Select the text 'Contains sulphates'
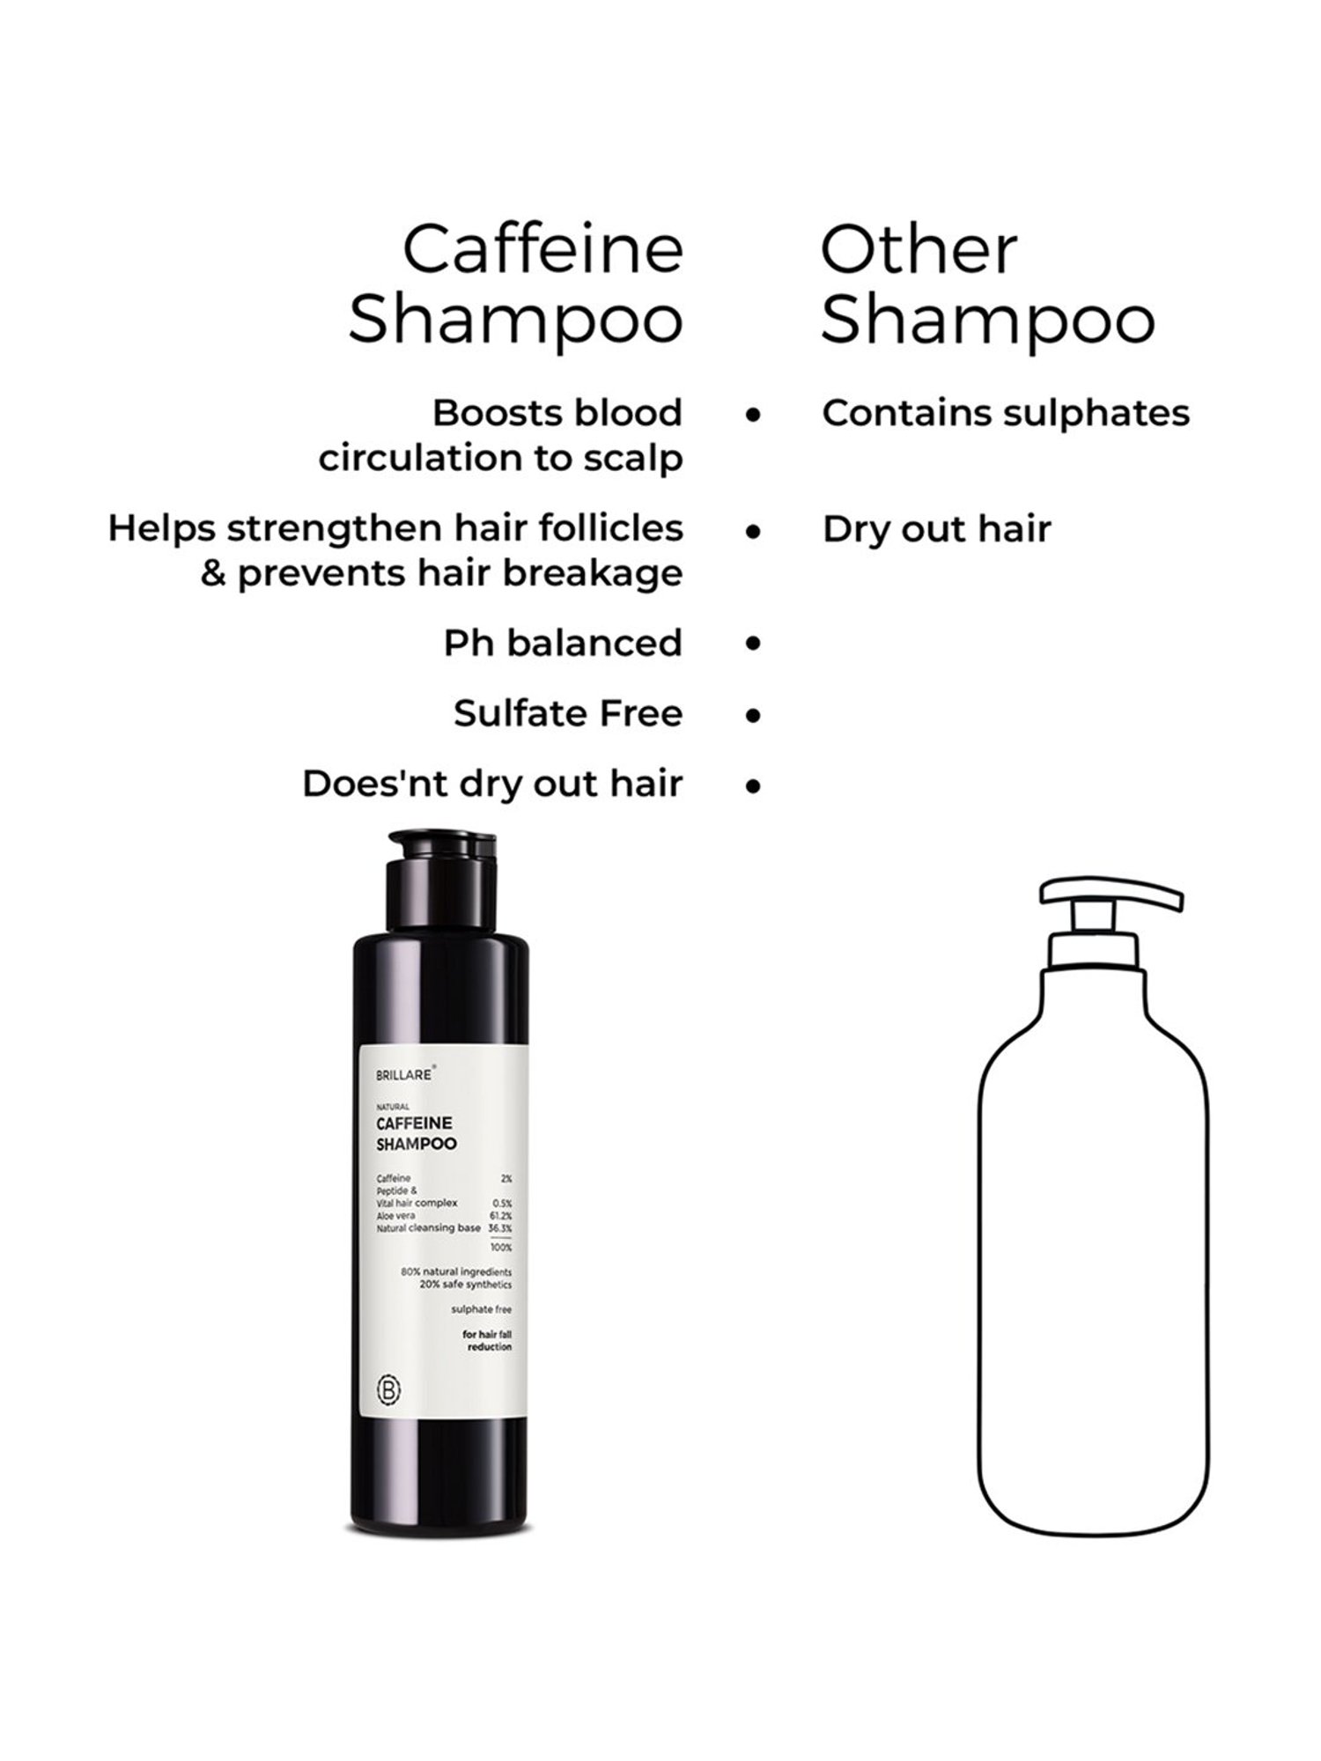(1006, 413)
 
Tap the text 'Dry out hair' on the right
(936, 529)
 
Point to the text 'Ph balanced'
(563, 643)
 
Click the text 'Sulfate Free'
(568, 713)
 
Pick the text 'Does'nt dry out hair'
(492, 784)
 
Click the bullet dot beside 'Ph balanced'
(752, 644)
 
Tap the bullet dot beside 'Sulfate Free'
(752, 714)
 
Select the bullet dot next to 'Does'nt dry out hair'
(752, 785)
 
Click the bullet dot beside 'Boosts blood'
(752, 413)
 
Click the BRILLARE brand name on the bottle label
(404, 1075)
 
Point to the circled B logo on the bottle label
(390, 1391)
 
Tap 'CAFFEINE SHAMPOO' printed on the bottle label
(417, 1134)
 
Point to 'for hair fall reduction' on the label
(487, 1341)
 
